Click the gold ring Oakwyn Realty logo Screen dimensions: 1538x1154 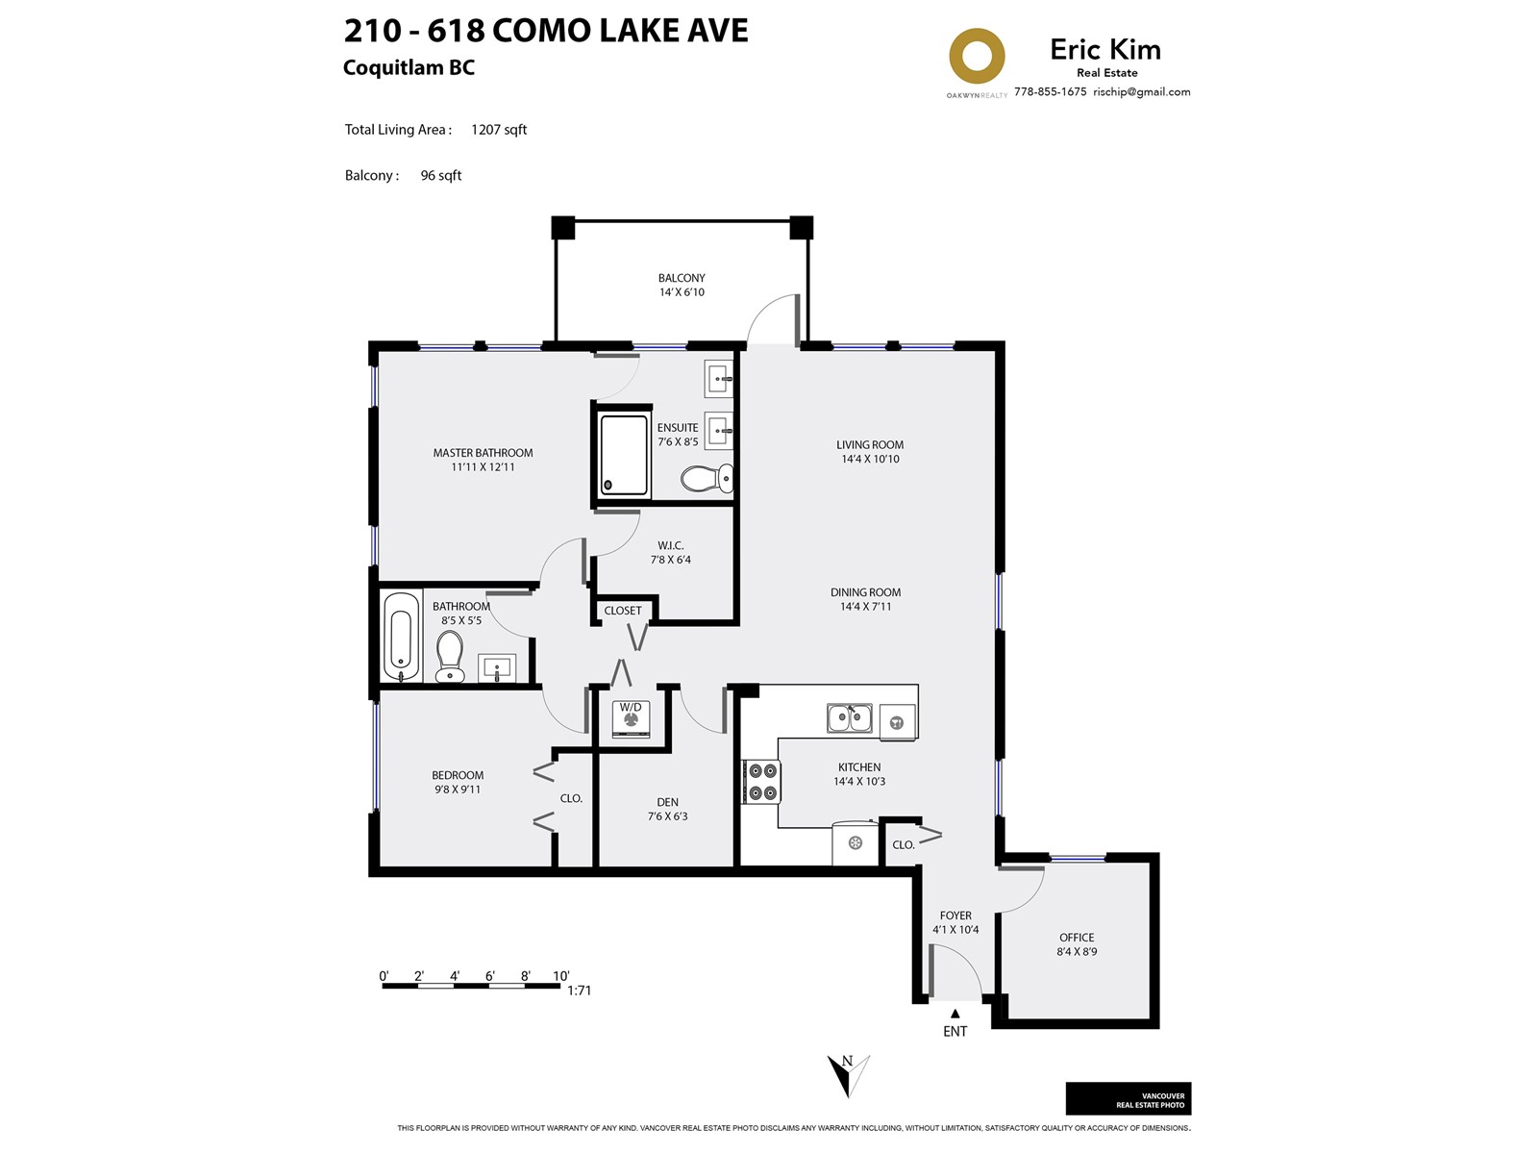tap(976, 56)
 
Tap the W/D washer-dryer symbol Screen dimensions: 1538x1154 tap(631, 719)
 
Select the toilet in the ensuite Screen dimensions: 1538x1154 tap(707, 479)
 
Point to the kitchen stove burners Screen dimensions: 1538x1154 tap(761, 782)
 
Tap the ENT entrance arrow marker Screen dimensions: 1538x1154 tap(955, 1014)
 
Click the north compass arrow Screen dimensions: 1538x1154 tap(848, 1075)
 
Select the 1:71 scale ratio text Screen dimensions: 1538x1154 tap(579, 991)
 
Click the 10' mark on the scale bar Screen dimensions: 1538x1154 tap(560, 976)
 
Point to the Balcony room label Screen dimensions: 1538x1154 tap(682, 278)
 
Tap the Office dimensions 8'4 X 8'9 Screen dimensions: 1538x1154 tap(1077, 951)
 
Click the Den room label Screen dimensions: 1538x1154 tap(667, 802)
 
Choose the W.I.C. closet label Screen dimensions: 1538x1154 tap(671, 545)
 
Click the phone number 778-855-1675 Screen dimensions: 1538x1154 tap(1050, 91)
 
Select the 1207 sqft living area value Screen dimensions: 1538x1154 tap(499, 130)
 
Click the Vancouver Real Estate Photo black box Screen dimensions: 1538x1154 tap(1129, 1098)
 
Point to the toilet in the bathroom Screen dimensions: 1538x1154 tap(449, 657)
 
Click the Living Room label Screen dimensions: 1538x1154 tap(870, 445)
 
